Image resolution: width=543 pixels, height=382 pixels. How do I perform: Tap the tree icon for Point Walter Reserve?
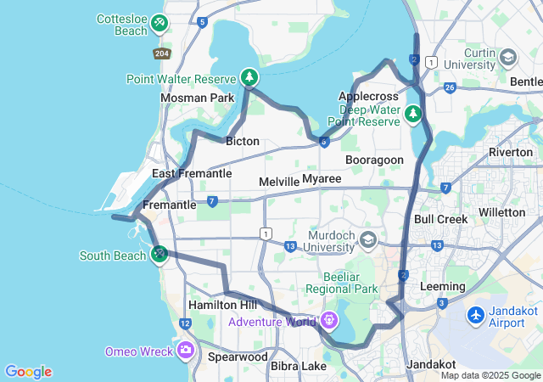[x=249, y=78]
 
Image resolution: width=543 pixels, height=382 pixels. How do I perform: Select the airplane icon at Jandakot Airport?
[x=476, y=315]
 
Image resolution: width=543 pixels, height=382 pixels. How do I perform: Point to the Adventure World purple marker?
[x=328, y=321]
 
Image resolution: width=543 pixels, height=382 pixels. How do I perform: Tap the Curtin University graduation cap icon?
[x=508, y=58]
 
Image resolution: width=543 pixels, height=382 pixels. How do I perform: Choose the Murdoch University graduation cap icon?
[x=368, y=240]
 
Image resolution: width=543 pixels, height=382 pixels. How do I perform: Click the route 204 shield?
[x=161, y=53]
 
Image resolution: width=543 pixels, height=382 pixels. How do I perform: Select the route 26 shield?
[x=450, y=87]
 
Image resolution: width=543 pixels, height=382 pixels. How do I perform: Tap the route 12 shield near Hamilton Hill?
[x=185, y=323]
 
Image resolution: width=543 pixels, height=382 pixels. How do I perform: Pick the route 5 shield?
[x=202, y=22]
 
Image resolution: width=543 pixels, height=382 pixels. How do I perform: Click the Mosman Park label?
[x=197, y=98]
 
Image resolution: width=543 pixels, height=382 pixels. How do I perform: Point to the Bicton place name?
[x=243, y=141]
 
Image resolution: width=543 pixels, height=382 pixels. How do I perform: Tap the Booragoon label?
[x=374, y=160]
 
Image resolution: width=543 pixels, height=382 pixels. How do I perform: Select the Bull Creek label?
[x=440, y=219]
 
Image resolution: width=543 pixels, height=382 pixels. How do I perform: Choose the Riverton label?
[x=512, y=151]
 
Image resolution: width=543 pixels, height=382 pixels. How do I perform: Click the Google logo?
[x=28, y=372]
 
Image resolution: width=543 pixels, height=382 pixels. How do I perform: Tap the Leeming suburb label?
[x=443, y=287]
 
